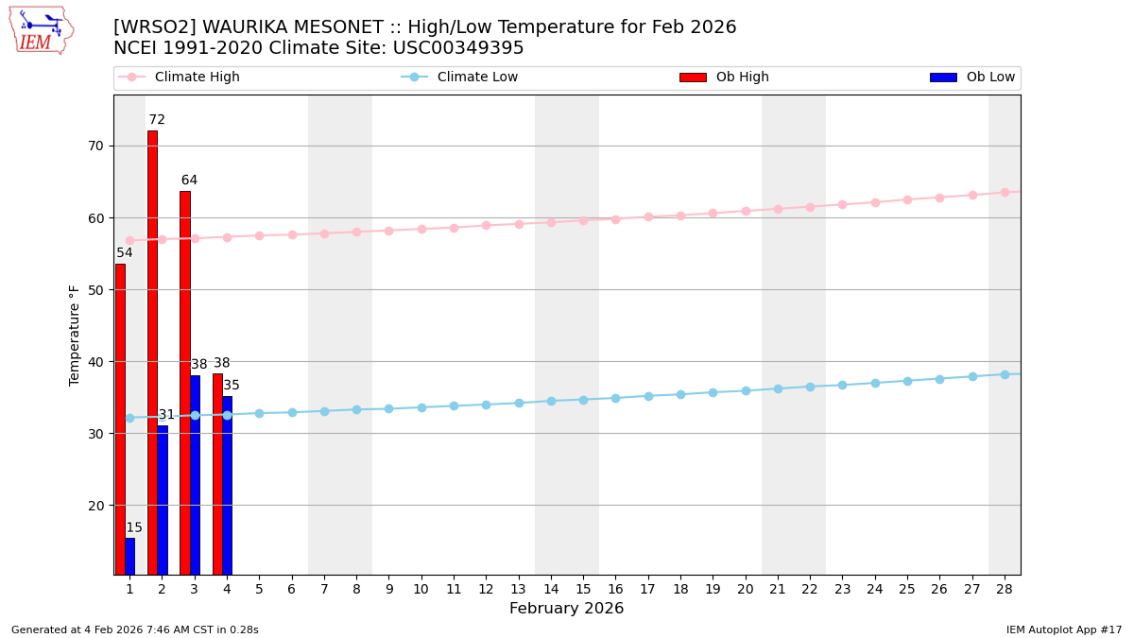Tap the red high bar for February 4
(217, 474)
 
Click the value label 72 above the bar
(157, 120)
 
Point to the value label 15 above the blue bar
(134, 528)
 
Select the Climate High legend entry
(197, 78)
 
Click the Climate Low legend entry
(477, 78)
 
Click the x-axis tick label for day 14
(551, 589)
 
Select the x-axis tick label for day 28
(1005, 589)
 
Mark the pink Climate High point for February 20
(746, 211)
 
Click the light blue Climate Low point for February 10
(421, 407)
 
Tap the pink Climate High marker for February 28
(1005, 192)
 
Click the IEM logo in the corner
(41, 30)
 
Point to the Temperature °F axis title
(75, 335)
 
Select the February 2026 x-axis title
(566, 609)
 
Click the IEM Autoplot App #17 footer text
(1063, 629)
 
